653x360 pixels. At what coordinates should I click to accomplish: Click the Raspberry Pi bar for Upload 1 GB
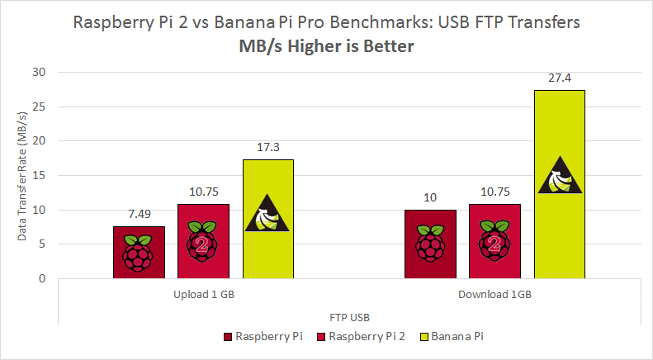[139, 252]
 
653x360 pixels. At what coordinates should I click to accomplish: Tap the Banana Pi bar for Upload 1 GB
[267, 219]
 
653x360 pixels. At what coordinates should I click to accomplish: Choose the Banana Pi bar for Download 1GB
[560, 184]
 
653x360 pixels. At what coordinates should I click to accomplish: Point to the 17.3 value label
[267, 148]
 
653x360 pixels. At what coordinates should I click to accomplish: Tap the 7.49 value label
[139, 215]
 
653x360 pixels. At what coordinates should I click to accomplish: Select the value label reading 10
[430, 197]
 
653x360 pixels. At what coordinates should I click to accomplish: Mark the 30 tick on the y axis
[39, 73]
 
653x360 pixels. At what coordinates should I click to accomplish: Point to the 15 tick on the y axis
[39, 176]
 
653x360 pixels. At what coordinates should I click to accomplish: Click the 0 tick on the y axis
[42, 279]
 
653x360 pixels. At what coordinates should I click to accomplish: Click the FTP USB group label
[349, 315]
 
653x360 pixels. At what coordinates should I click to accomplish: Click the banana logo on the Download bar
[560, 176]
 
